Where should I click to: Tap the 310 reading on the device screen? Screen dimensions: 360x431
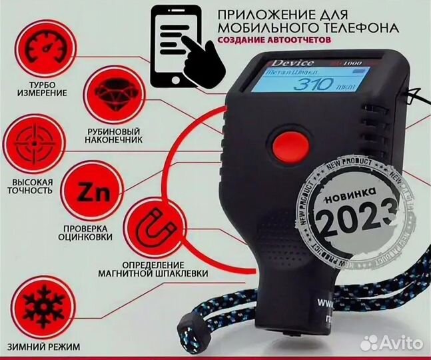coord(314,85)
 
